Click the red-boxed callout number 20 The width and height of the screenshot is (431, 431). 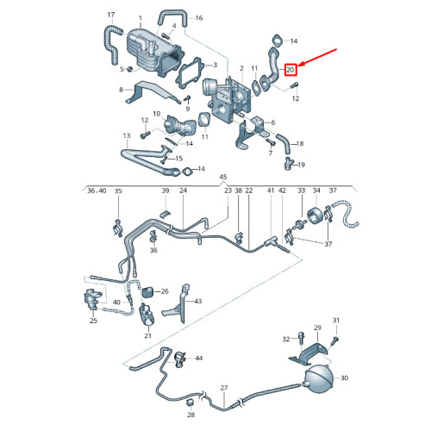coord(290,69)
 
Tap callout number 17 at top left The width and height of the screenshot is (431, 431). coord(110,16)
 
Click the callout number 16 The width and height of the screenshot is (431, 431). coord(199,18)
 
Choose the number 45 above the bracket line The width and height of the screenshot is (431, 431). coord(223,178)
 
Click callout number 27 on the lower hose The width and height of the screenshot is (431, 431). coord(223,388)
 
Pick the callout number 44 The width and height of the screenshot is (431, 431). coord(199,358)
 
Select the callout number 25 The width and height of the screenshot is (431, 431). coord(94,321)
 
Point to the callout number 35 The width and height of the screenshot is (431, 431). coord(118,191)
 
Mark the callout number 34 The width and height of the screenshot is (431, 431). coord(315,191)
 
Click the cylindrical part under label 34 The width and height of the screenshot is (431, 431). coord(315,215)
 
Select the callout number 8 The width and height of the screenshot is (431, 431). coord(122,90)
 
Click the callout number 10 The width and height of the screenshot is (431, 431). coord(157,113)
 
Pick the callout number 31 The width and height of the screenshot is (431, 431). coord(337,321)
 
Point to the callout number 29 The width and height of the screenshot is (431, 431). coord(316,328)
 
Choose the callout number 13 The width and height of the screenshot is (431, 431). coord(126,135)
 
